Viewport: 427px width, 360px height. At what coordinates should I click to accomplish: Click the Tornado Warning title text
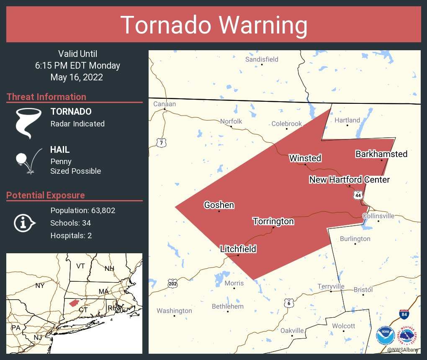tap(213, 25)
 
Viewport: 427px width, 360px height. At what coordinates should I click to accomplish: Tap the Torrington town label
tap(273, 221)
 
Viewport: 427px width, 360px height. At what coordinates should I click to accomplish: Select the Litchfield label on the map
tap(238, 249)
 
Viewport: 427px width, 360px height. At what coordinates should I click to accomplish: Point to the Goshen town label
tap(219, 205)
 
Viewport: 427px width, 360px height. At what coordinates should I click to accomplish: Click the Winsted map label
tap(305, 158)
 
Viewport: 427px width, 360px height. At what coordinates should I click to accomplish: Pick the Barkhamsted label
tap(381, 154)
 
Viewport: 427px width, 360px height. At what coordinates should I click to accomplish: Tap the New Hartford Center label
tap(349, 180)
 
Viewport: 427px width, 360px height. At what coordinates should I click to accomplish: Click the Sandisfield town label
tap(262, 59)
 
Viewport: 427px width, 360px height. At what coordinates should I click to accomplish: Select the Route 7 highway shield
tap(162, 143)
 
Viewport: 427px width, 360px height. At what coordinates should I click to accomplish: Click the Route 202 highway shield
tap(172, 283)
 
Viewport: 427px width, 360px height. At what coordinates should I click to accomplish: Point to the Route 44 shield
tap(358, 195)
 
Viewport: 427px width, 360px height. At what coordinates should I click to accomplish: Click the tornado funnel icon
tap(28, 123)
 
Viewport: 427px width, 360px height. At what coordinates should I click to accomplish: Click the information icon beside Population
tap(24, 223)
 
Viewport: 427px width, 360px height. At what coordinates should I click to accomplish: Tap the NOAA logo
tap(385, 336)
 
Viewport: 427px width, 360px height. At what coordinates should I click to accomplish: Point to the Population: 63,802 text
tap(82, 210)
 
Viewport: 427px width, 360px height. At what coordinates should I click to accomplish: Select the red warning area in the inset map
tap(74, 302)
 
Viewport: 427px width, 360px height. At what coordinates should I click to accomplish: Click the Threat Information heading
tap(46, 97)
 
